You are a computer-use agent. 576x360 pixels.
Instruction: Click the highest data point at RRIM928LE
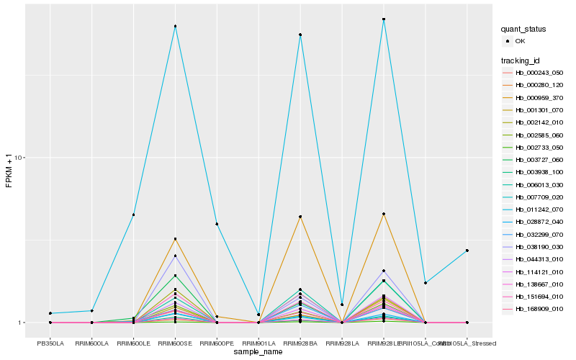pyautogui.click(x=384, y=19)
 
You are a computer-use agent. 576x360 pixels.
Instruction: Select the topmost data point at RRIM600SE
pyautogui.click(x=175, y=27)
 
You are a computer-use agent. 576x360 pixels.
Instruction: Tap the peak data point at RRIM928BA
pyautogui.click(x=300, y=35)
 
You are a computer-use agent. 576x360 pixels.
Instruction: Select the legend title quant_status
pyautogui.click(x=523, y=30)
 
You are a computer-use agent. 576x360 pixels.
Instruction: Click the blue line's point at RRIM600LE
pyautogui.click(x=133, y=215)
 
